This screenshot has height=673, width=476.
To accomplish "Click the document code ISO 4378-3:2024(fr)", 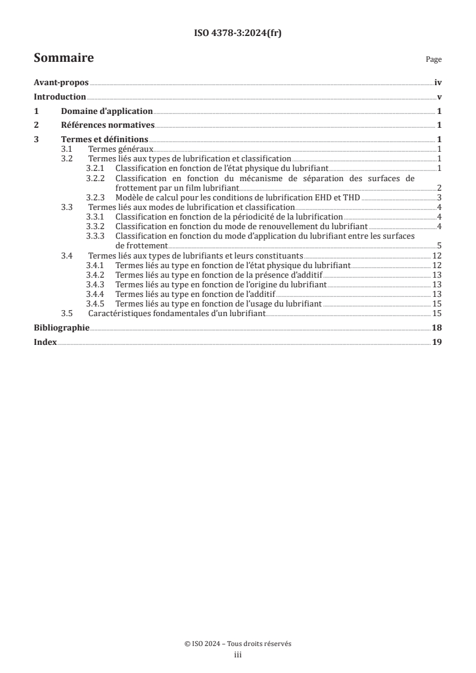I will pos(238,34).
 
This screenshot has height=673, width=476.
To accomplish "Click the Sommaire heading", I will pos(64,58).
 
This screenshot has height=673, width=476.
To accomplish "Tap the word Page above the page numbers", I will pos(433,59).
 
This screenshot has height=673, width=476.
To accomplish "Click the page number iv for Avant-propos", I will pos(438,83).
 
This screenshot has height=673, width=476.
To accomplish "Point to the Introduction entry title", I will pos(60,97).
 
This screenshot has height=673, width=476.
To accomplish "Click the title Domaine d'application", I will pos(107,111).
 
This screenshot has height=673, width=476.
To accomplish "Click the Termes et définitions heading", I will pos(104,139).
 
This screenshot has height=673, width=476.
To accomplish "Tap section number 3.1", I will pos(68,149).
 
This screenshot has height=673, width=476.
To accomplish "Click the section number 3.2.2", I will pos(95,178).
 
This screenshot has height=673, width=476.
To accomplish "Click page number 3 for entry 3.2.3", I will pos(439,197).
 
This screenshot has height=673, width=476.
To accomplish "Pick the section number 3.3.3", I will pos(95,236).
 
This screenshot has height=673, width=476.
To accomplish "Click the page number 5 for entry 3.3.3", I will pos(439,245).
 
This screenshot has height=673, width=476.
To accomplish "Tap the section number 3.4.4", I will pos(95,293).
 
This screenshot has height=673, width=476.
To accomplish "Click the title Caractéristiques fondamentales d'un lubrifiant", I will pos(176,313).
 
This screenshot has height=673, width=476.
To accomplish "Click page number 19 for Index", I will pos(437,342).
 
